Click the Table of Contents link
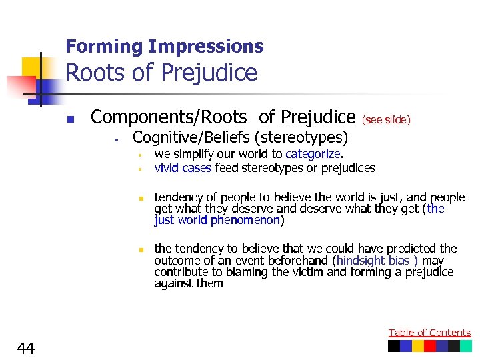(429, 332)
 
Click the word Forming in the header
(105, 47)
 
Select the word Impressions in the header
(206, 47)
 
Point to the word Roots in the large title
(96, 73)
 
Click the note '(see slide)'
(386, 120)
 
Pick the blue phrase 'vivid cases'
(183, 168)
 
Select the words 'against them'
(189, 283)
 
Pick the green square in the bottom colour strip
(465, 346)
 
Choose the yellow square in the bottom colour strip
(418, 346)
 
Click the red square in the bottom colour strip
(430, 346)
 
